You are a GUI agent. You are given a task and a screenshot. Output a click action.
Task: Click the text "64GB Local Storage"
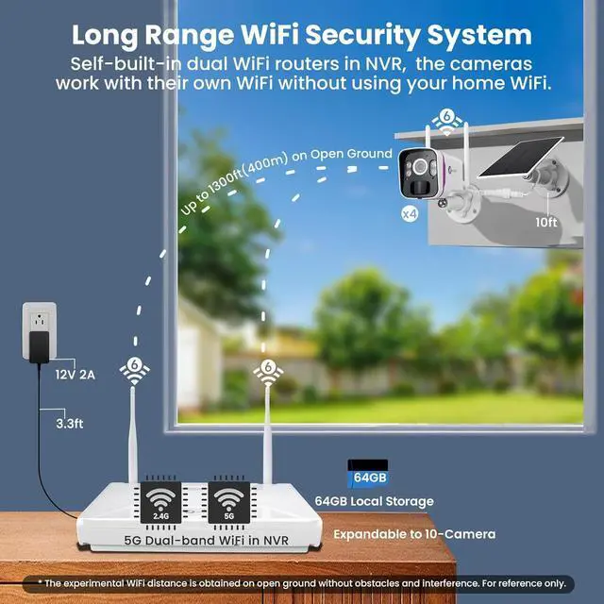[374, 501]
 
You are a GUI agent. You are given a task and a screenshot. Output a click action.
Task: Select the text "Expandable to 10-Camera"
[413, 534]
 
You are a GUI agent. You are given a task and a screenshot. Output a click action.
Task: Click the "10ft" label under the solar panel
[546, 223]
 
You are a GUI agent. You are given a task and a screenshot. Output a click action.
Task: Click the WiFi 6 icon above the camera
[446, 120]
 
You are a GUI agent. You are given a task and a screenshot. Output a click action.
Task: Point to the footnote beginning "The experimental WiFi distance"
[301, 584]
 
